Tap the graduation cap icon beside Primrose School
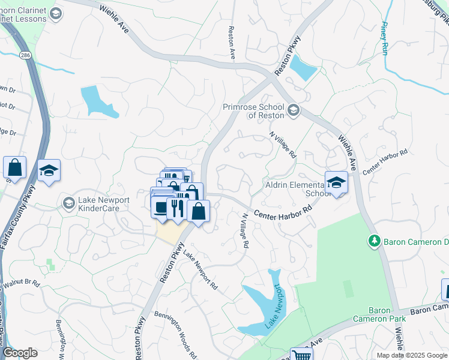(294, 110)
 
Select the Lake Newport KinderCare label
(98, 204)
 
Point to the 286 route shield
(25, 55)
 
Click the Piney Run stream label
(384, 38)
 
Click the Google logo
(20, 353)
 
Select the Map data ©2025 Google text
(412, 355)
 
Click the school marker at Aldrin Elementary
(337, 183)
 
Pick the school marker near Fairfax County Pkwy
(49, 170)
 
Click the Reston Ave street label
(232, 42)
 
